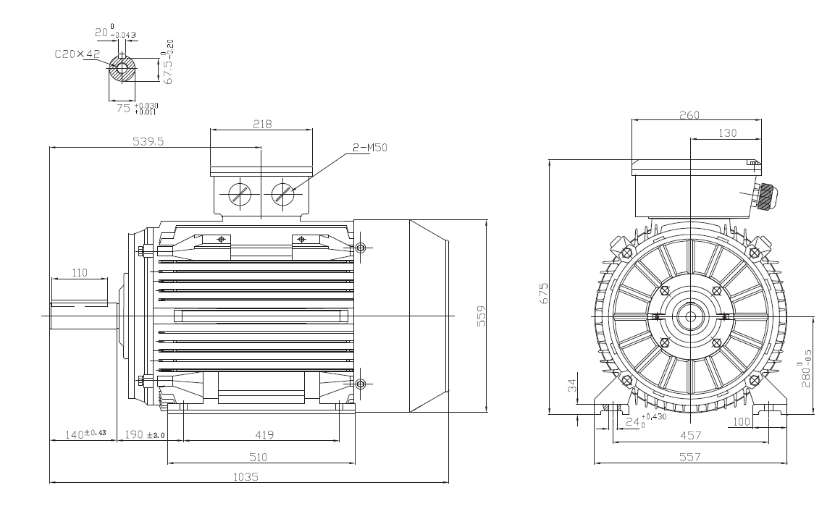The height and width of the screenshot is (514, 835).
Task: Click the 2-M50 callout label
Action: tap(370, 148)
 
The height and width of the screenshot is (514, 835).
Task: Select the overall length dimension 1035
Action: tap(246, 477)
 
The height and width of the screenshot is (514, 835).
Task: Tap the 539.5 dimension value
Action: tap(148, 141)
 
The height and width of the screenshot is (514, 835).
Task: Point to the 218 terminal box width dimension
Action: tap(262, 124)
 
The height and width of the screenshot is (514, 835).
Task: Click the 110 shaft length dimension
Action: tap(80, 272)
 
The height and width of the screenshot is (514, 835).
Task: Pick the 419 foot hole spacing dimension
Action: tap(264, 434)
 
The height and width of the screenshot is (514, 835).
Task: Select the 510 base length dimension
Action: tap(259, 457)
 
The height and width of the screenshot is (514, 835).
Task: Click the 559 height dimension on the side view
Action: tap(481, 316)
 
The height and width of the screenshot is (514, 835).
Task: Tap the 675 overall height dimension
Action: tap(544, 293)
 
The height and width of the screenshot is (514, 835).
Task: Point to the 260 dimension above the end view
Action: tap(689, 115)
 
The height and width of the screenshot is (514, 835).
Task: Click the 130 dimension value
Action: tap(727, 133)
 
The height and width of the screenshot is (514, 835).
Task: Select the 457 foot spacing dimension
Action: tap(691, 435)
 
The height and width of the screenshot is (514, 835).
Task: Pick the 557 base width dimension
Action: tap(690, 457)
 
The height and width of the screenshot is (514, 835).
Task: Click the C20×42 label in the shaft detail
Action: tap(77, 54)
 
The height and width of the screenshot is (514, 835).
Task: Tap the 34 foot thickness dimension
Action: tap(572, 385)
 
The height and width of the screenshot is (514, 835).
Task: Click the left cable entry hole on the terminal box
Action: tap(240, 194)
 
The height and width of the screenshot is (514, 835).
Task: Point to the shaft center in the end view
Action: tap(691, 316)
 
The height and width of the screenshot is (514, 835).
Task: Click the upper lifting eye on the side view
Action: tap(361, 248)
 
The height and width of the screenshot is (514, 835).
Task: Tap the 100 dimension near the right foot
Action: tap(742, 422)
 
